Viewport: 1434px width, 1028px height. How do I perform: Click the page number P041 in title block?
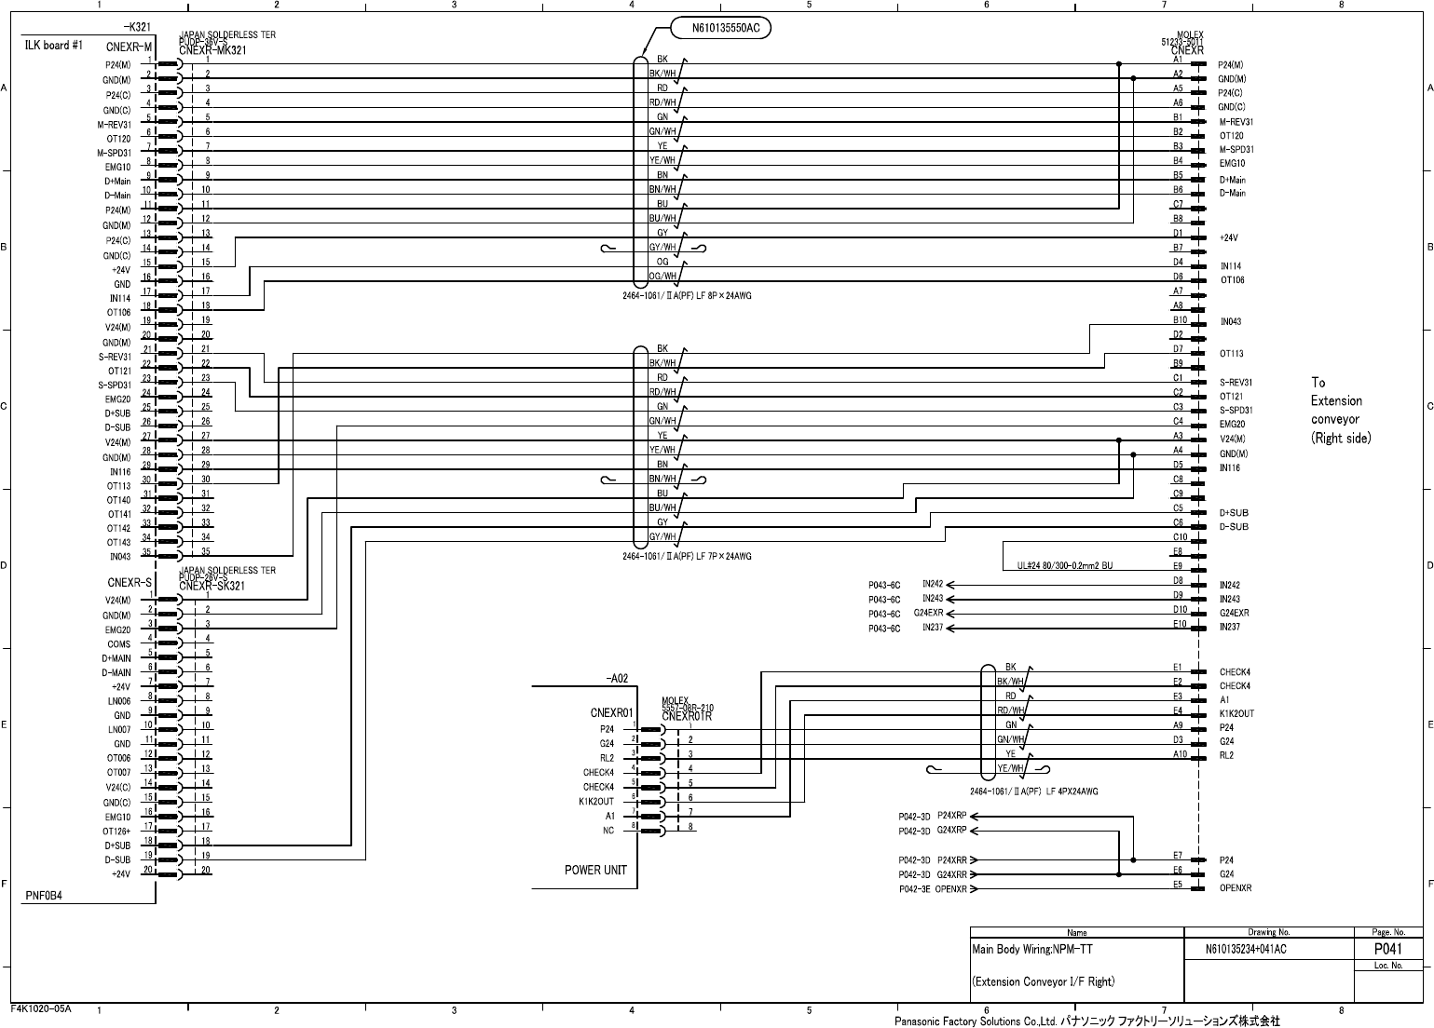[1388, 949]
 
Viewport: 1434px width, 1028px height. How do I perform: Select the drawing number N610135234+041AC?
[1245, 949]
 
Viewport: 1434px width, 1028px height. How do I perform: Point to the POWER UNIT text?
[595, 870]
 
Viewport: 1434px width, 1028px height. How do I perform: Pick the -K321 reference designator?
[137, 28]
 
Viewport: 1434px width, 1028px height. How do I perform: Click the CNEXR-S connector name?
[130, 583]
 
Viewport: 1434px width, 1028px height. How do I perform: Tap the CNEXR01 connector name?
[611, 714]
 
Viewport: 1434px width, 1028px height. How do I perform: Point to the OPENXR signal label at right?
[1236, 888]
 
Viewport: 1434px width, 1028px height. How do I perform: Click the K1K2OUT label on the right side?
[1236, 714]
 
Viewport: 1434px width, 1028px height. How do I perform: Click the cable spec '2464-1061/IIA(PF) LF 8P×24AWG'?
[687, 295]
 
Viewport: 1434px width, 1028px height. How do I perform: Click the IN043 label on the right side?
[1231, 322]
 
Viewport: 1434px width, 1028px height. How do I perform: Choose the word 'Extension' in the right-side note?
[1336, 401]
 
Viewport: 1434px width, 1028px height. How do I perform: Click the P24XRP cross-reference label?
[951, 816]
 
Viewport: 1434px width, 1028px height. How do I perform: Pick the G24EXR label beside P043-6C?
[928, 614]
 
